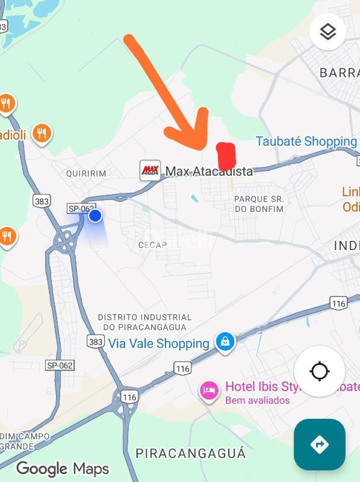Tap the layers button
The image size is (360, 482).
[327, 32]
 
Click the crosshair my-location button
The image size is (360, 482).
[319, 371]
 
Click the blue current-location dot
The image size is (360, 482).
[95, 216]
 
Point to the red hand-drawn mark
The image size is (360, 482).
[226, 156]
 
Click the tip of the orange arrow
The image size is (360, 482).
[203, 146]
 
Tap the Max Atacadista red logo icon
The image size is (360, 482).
[150, 171]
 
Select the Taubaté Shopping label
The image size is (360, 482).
[306, 142]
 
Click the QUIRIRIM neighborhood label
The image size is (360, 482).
[86, 174]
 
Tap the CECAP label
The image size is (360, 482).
[152, 245]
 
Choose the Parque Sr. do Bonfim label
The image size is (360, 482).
[258, 204]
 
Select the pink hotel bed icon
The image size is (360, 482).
[209, 390]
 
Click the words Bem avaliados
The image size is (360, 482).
[257, 401]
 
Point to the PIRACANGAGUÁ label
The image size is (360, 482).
[190, 453]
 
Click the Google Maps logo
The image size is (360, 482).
[62, 469]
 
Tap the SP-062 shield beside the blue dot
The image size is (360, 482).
[81, 208]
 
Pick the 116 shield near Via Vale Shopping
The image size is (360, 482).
[182, 368]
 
